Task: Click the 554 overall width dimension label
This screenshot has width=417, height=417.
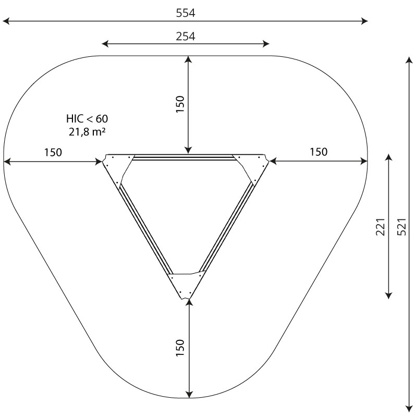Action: tap(186, 13)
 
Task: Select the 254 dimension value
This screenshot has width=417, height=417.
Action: tap(186, 36)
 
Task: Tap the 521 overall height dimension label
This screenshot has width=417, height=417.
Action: tap(402, 227)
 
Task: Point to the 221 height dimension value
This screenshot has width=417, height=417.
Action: tap(381, 227)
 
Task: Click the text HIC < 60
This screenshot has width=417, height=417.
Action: tap(87, 119)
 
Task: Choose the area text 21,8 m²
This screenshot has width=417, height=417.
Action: tap(87, 132)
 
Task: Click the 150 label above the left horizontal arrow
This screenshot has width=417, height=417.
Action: tap(53, 152)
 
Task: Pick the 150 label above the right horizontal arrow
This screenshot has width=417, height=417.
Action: tap(318, 152)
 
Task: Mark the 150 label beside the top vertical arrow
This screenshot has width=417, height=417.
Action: tap(180, 104)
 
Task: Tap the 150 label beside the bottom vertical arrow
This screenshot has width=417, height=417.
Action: tap(180, 348)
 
